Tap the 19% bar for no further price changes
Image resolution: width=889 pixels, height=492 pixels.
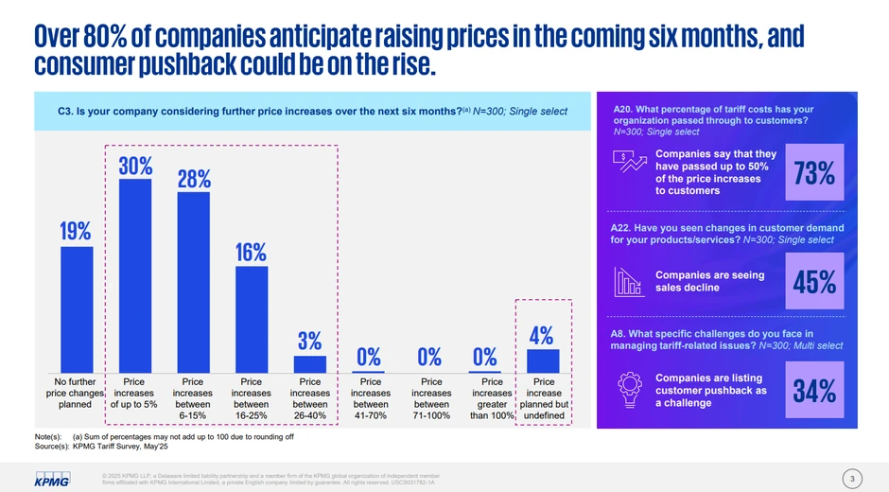click(x=76, y=308)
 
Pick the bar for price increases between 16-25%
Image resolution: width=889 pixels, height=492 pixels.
click(x=251, y=319)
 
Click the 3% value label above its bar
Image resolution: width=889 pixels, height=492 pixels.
click(x=309, y=341)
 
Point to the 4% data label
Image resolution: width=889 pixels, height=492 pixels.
click(x=542, y=336)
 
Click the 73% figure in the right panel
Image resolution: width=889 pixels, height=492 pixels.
click(x=813, y=173)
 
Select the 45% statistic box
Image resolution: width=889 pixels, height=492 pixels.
click(x=813, y=281)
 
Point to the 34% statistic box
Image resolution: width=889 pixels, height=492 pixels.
click(x=813, y=390)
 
